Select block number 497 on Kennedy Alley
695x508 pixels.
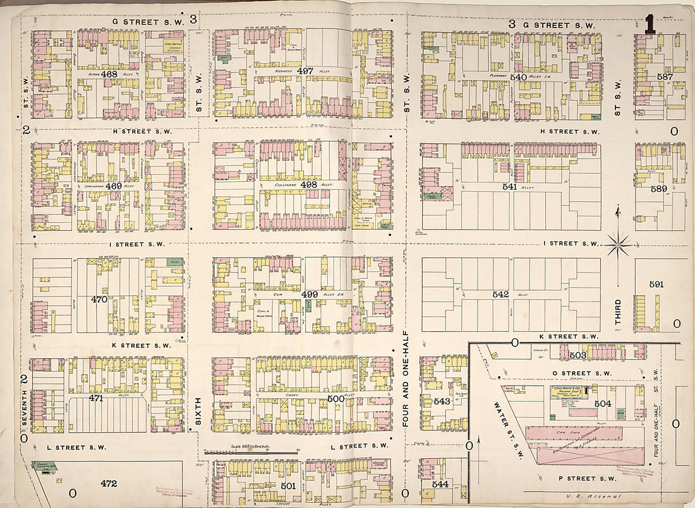click(x=305, y=71)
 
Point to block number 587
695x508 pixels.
click(x=664, y=77)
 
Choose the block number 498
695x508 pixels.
click(x=309, y=185)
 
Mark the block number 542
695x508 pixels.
click(x=500, y=294)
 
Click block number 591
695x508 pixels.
click(x=656, y=285)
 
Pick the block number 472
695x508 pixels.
click(x=109, y=484)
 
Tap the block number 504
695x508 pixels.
click(x=603, y=403)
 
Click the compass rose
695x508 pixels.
click(x=619, y=243)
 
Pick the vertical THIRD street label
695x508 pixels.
click(x=619, y=313)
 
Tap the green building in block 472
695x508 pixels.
click(x=45, y=466)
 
